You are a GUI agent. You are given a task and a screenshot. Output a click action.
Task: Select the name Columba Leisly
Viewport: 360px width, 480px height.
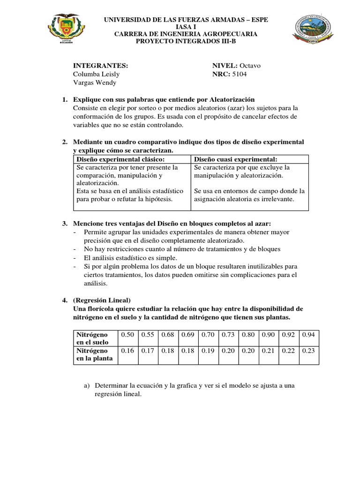(x=96, y=74)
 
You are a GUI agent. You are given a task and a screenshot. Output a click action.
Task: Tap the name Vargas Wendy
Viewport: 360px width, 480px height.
(x=94, y=83)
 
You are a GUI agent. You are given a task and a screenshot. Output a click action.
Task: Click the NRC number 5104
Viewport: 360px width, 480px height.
(x=241, y=74)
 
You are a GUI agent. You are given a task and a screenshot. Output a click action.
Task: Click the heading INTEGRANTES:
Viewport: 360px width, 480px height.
(x=100, y=65)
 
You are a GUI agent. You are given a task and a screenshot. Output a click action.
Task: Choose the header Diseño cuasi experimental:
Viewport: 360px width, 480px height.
(x=236, y=159)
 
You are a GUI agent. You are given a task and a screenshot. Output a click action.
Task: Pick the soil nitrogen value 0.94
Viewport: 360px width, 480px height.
(x=309, y=334)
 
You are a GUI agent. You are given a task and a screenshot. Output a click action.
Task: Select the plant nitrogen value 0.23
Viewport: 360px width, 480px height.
(x=309, y=350)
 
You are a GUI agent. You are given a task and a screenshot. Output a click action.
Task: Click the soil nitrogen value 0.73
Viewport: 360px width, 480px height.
(x=229, y=334)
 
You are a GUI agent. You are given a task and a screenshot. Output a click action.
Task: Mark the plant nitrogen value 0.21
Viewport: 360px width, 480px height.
(x=269, y=350)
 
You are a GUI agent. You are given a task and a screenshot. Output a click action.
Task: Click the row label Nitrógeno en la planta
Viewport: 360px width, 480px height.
(x=95, y=354)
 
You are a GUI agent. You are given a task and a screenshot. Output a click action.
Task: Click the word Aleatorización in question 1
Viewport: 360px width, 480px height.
(x=228, y=99)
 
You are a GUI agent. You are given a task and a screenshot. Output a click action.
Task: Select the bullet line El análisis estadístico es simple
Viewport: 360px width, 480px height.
(x=131, y=258)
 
